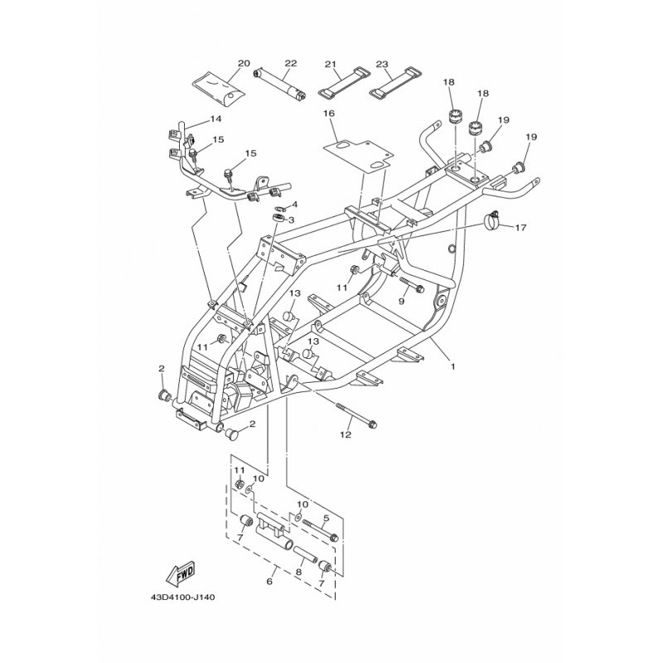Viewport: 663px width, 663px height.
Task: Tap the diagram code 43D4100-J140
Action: [x=183, y=598]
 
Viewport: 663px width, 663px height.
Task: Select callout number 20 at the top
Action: [x=244, y=64]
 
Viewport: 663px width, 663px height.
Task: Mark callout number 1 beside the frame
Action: [x=452, y=366]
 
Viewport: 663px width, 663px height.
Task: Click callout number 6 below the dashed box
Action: [x=269, y=582]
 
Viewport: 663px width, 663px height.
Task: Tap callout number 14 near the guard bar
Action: [x=215, y=119]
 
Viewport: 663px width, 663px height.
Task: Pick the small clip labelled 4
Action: [x=281, y=208]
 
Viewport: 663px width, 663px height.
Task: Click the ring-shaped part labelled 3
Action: [x=278, y=218]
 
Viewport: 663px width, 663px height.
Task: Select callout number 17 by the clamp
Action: [x=520, y=227]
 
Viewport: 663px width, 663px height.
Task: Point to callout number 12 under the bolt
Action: [x=346, y=434]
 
